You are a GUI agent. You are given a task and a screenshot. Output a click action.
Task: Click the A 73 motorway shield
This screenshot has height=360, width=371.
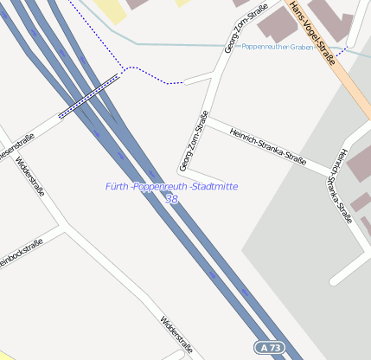pos(270,347)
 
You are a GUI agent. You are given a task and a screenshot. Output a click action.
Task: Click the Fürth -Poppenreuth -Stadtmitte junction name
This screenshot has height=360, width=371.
pos(171,186)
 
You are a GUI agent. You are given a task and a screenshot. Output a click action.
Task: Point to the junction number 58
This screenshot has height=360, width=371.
pos(172,199)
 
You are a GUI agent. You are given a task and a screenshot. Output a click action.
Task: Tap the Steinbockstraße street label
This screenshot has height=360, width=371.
pos(19,256)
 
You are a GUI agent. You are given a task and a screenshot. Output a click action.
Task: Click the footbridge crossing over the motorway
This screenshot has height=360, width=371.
pos(89,96)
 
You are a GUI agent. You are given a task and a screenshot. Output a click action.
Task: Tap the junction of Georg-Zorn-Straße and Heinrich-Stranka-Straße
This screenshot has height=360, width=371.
pos(208,120)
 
